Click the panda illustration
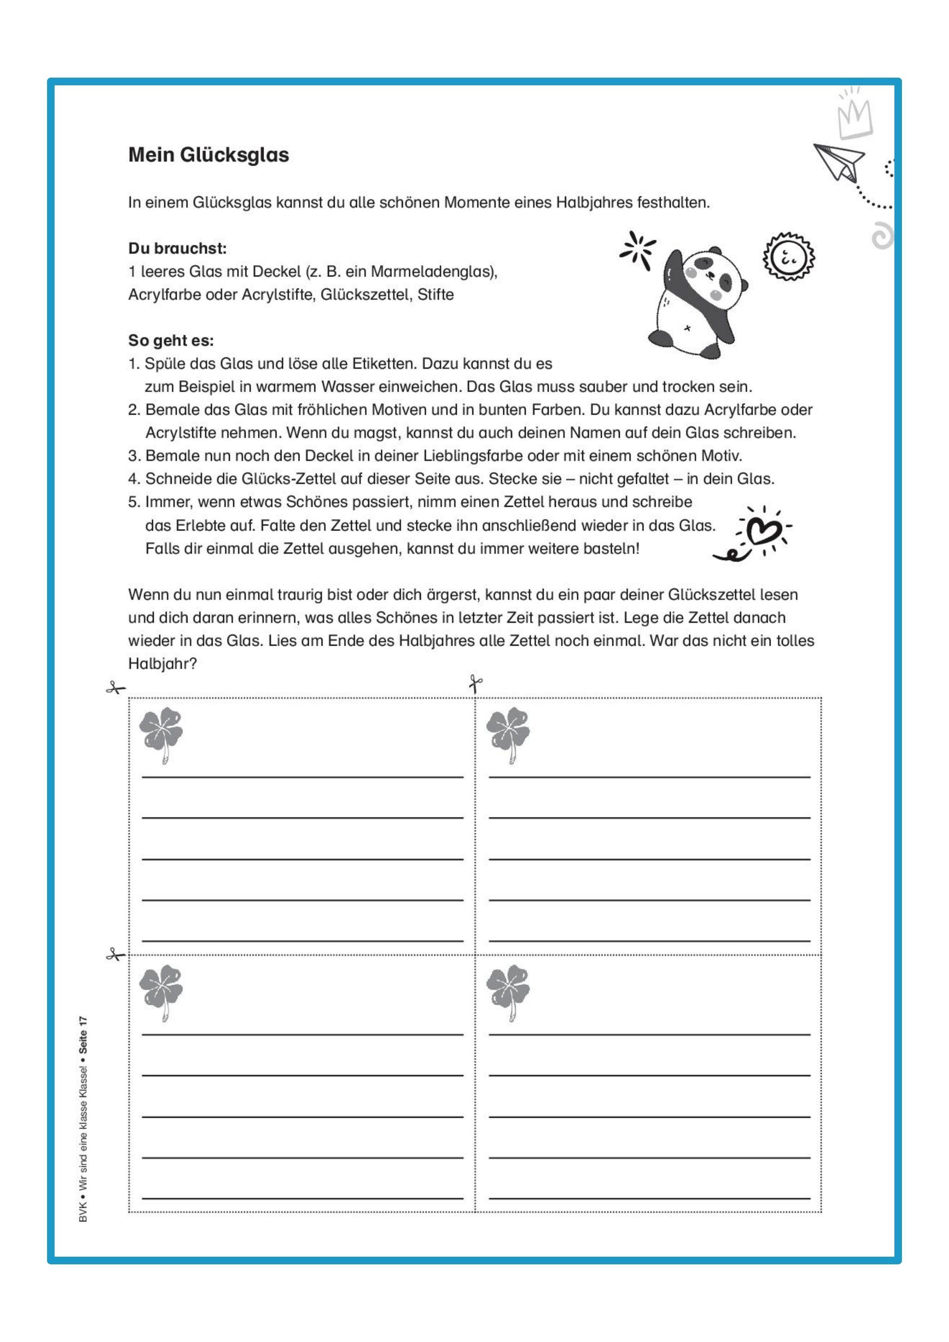pyautogui.click(x=696, y=301)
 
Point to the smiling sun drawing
pyautogui.click(x=788, y=257)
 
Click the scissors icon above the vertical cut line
pyautogui.click(x=475, y=683)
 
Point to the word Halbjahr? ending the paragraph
pyautogui.click(x=163, y=664)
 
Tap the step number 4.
pyautogui.click(x=133, y=479)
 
